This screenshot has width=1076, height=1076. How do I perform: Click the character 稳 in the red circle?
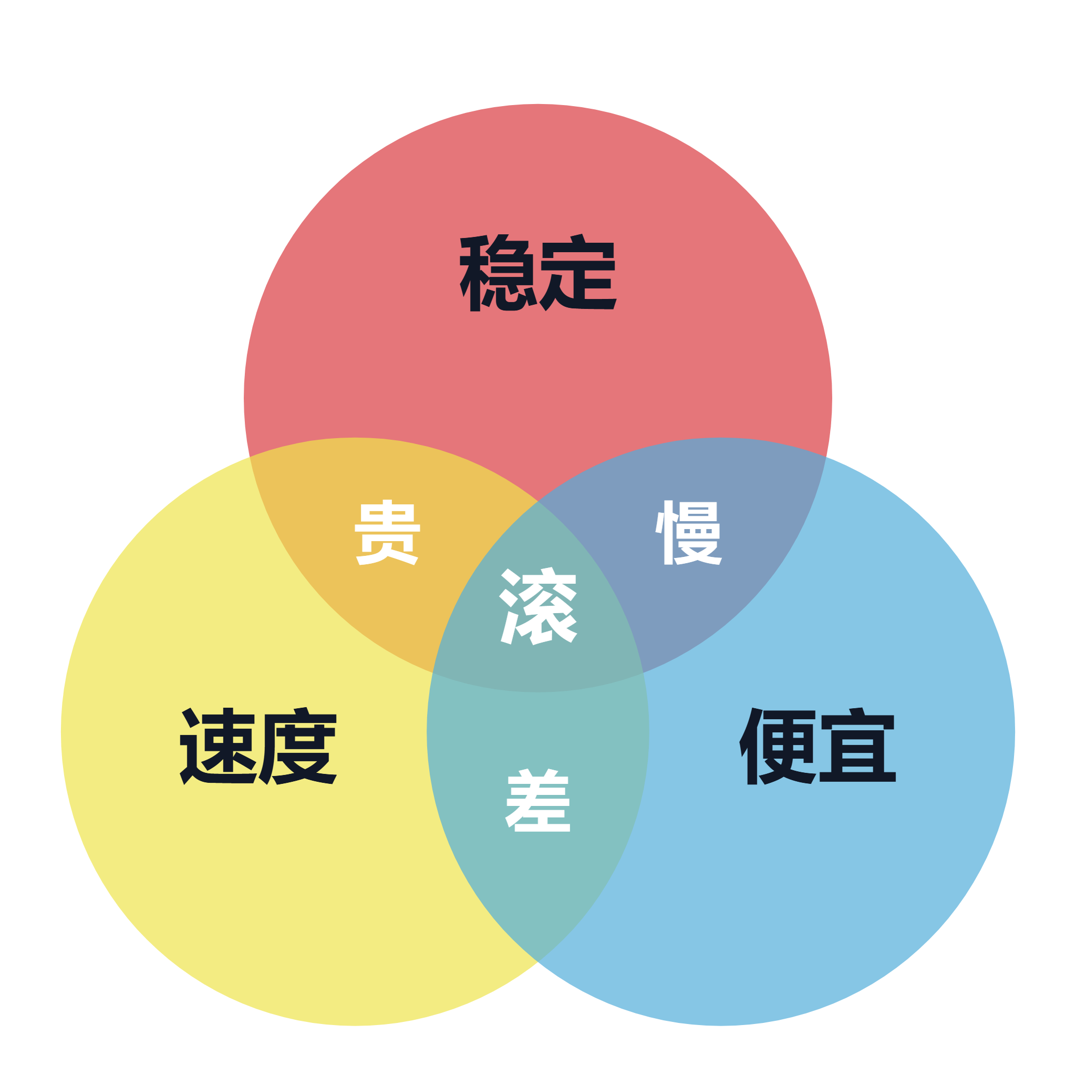point(498,272)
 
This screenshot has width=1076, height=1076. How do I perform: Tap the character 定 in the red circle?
point(578,272)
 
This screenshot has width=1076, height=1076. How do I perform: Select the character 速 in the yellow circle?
point(218,746)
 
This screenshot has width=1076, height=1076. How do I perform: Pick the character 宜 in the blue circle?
point(857,746)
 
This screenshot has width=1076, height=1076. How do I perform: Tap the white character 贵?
point(387,532)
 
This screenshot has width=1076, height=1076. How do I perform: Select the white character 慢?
point(688,532)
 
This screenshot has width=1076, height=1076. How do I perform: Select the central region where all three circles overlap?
point(538,613)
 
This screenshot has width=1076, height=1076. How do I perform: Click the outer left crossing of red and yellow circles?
point(250,457)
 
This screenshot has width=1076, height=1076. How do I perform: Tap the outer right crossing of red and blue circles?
point(826,457)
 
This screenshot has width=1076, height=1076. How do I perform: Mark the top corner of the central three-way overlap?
point(538,501)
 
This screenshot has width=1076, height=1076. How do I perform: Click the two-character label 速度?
point(258,746)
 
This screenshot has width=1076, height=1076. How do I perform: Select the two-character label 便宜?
point(818,746)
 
